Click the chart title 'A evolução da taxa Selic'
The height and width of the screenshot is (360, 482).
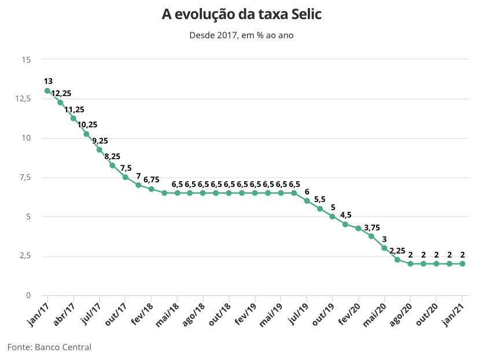point(241,14)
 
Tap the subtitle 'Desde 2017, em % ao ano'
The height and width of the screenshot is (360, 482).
point(241,35)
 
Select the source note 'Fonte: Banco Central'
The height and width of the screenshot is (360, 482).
point(49,347)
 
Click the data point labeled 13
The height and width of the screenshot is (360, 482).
point(47,91)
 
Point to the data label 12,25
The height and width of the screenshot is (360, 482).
point(61,94)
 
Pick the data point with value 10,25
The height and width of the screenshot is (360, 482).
point(86,134)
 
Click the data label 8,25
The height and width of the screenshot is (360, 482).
point(112,156)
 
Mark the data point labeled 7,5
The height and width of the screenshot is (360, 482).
point(125,177)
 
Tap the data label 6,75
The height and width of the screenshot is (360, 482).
point(151,180)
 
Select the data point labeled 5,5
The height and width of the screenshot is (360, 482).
point(319,208)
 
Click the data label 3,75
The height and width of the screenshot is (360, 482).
point(372,227)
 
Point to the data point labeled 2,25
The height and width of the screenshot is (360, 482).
point(398,259)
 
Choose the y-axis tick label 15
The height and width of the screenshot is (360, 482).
point(26,60)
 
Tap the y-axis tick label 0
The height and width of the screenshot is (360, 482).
point(28,295)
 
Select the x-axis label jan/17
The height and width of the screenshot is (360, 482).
point(38,313)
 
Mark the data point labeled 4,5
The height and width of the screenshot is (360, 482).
point(345,224)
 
